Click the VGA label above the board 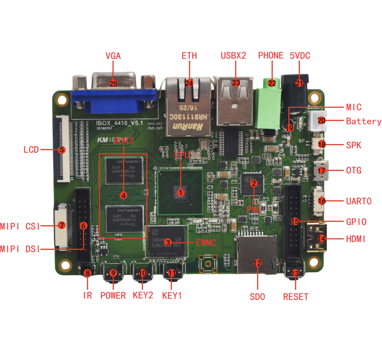(x=113, y=56)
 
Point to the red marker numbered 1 (x=181, y=192)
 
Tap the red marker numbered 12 (x=257, y=263)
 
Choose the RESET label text (x=295, y=296)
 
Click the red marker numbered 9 (x=113, y=273)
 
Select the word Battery (x=364, y=121)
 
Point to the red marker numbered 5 (x=62, y=150)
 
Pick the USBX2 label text (x=234, y=56)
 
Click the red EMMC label (x=206, y=243)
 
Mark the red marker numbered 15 (x=295, y=221)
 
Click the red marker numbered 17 (x=322, y=170)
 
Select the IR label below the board (x=88, y=295)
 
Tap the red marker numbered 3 (x=168, y=243)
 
